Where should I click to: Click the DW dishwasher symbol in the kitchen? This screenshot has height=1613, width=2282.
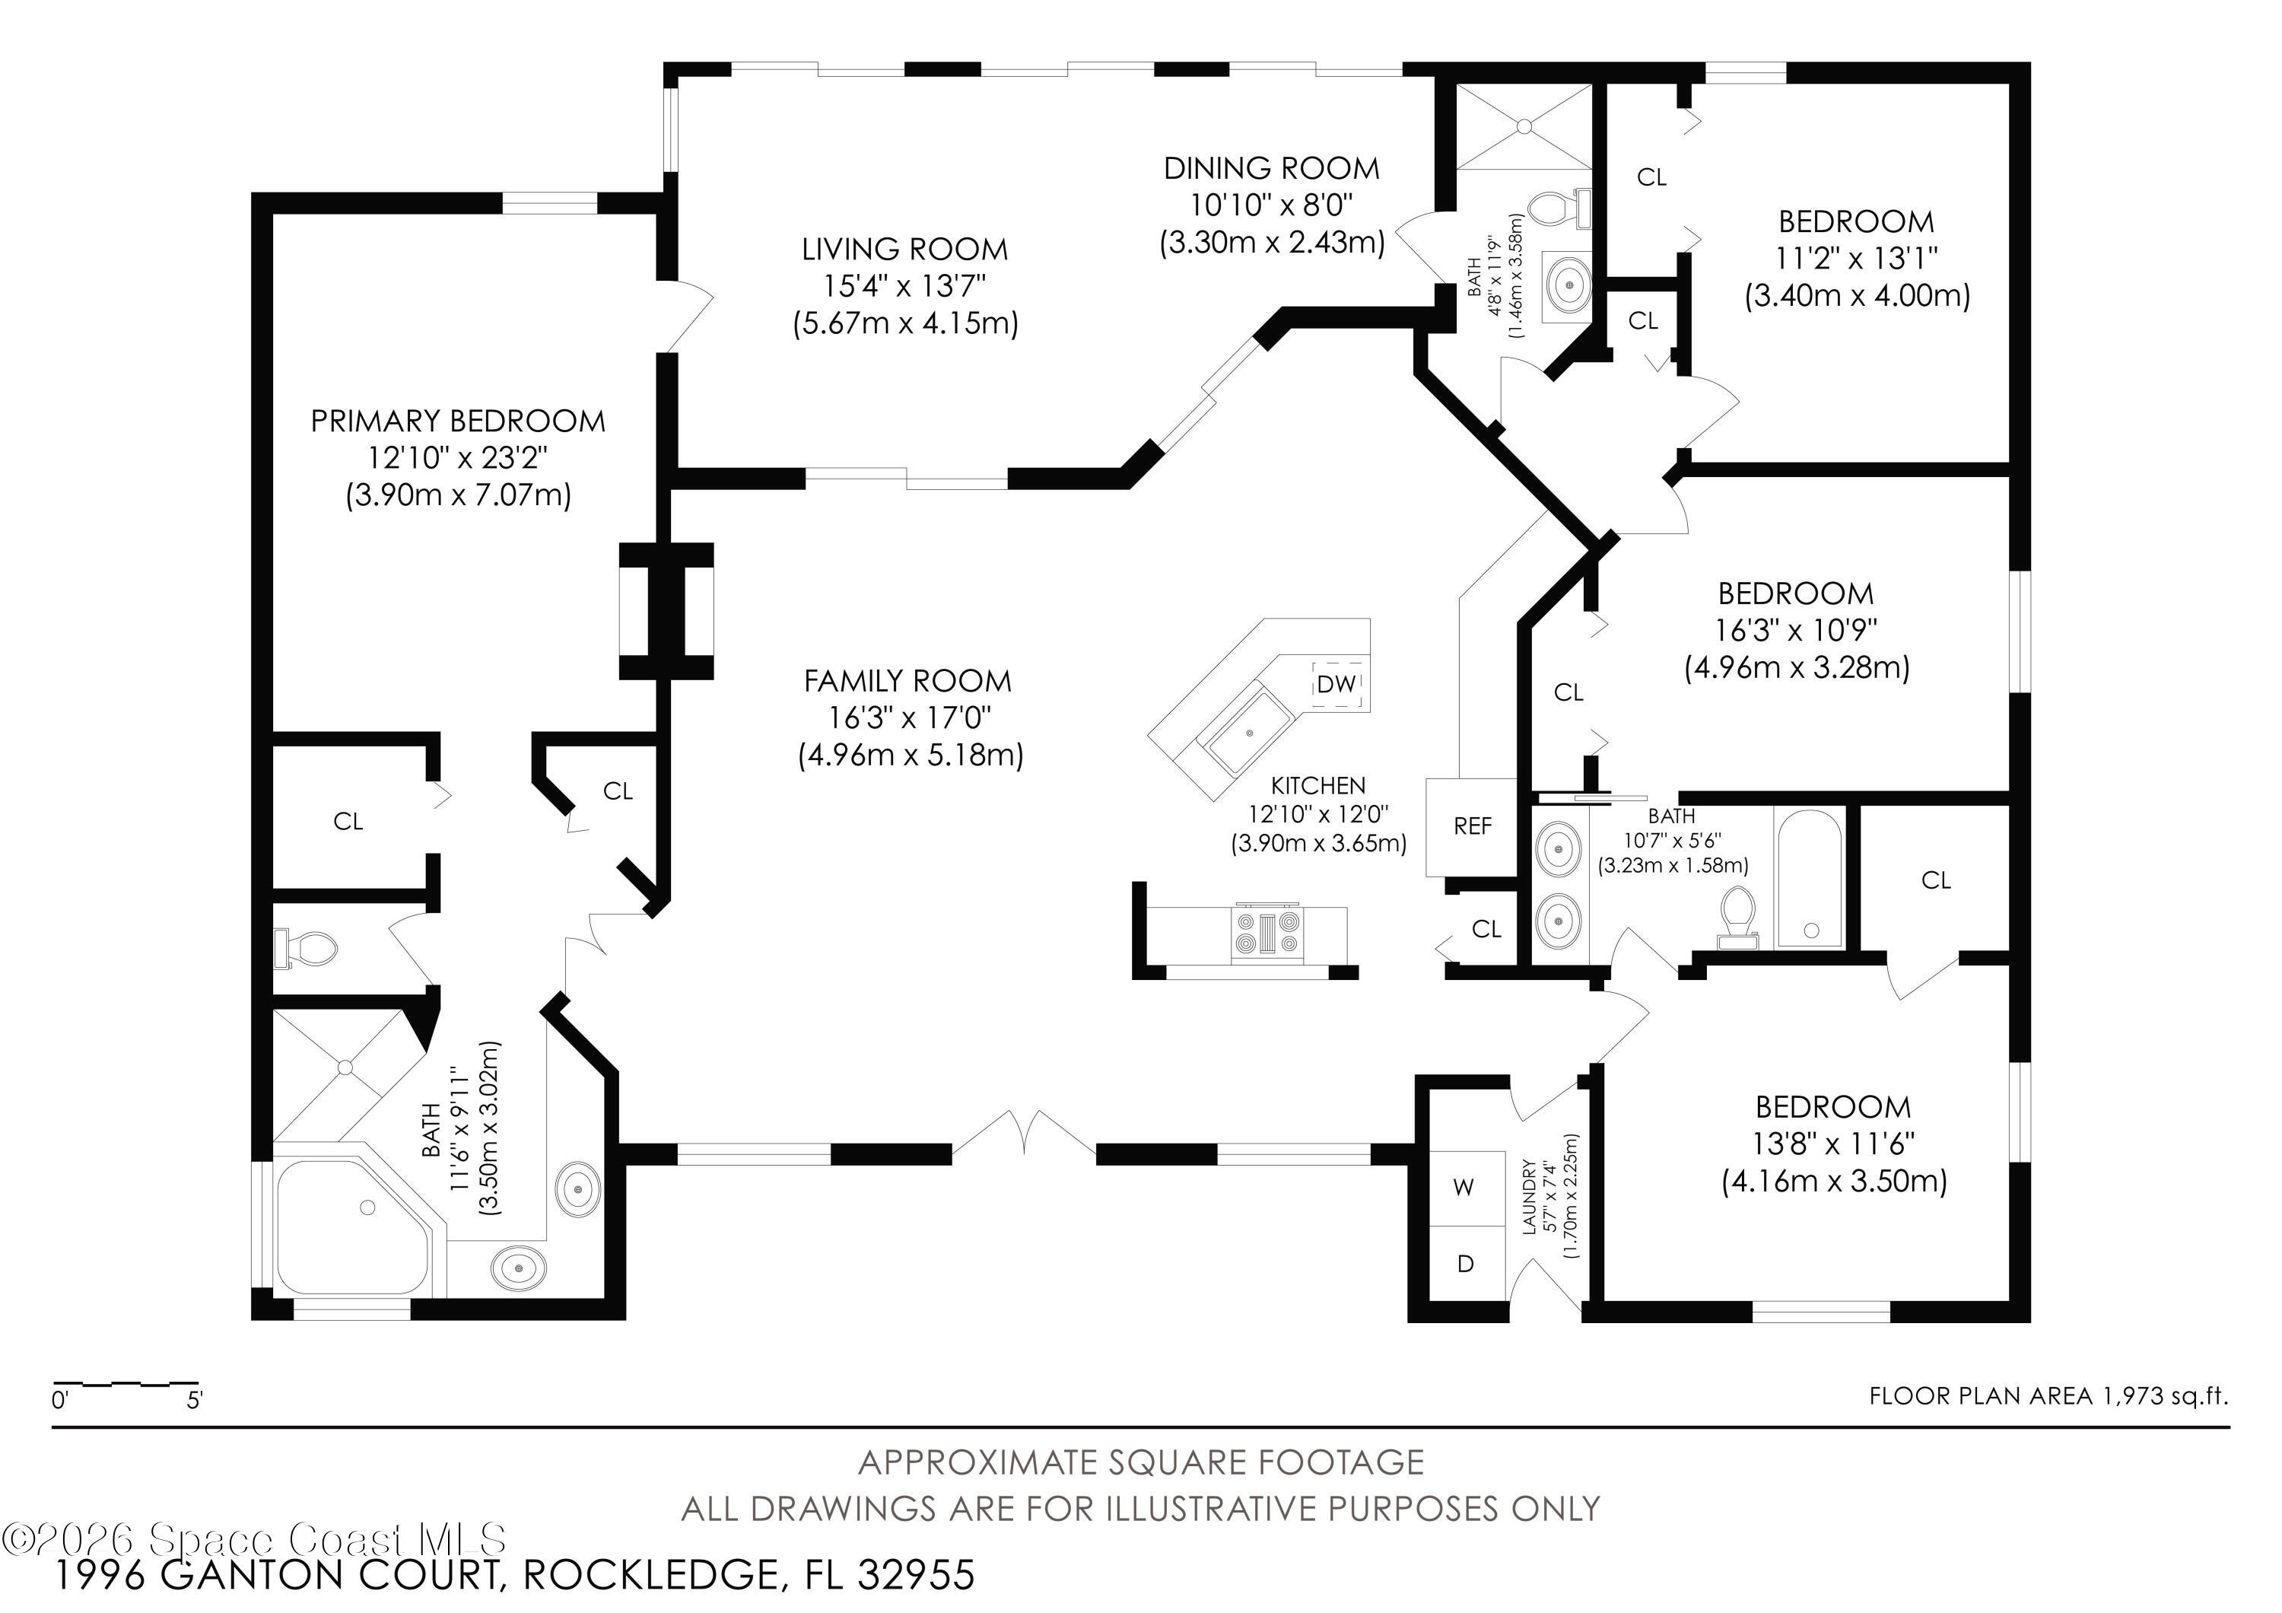1336,684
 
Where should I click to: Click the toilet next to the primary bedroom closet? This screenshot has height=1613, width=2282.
307,948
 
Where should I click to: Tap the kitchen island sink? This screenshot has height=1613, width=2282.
1248,731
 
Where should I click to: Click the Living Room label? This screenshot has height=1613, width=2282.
904,249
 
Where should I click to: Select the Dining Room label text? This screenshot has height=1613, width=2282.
1271,168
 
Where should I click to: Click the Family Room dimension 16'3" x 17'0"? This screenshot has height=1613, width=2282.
910,717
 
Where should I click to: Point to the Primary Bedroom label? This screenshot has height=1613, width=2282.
458,421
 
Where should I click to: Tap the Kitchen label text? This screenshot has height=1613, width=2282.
1318,785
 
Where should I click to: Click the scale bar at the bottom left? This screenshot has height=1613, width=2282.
126,1383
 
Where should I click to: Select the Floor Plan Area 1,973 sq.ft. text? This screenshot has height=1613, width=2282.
2048,1395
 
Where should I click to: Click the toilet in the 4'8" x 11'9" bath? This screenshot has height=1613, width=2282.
1559,208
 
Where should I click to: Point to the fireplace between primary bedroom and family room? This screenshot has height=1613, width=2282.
666,610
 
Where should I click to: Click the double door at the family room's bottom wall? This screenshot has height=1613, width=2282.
1025,1135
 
